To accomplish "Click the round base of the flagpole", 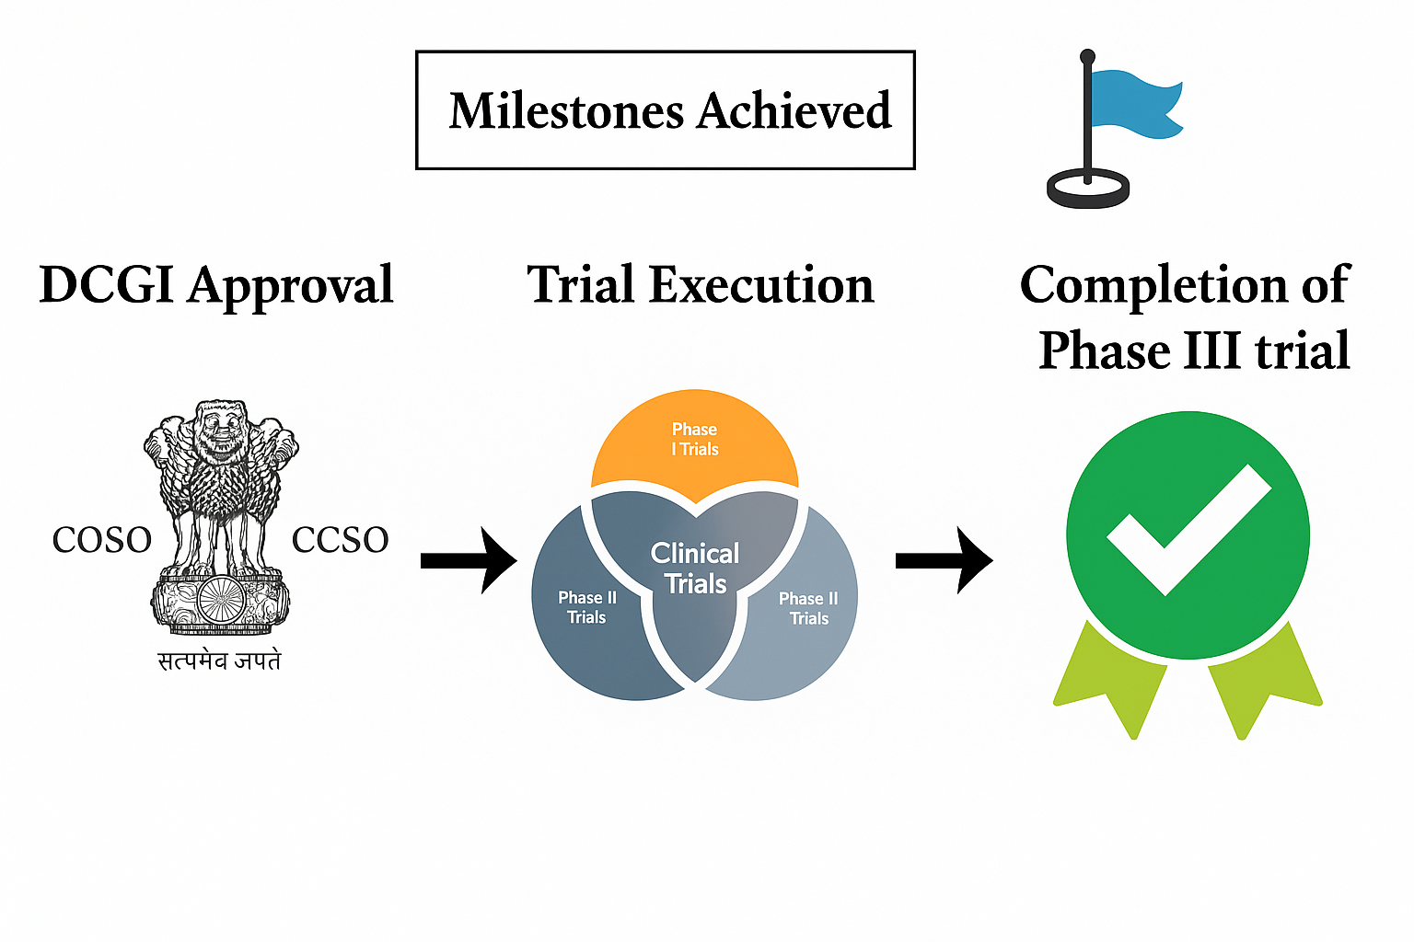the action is [1087, 189].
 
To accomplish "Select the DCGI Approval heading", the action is [216, 286].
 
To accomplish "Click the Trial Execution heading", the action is [701, 285].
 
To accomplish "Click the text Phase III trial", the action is [1194, 350].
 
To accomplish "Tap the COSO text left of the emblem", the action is [102, 540].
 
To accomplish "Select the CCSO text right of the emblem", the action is [341, 540].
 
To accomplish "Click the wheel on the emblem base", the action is [221, 599].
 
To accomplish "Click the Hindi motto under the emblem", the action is [219, 661].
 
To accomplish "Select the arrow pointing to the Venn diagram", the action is [469, 560].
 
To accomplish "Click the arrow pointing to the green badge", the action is [945, 560].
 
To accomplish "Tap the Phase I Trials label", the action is [695, 439].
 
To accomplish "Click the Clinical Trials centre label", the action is [695, 569].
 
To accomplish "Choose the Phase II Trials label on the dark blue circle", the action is [587, 607].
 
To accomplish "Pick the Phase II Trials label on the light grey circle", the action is [808, 608].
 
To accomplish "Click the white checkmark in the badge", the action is [1189, 530].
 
